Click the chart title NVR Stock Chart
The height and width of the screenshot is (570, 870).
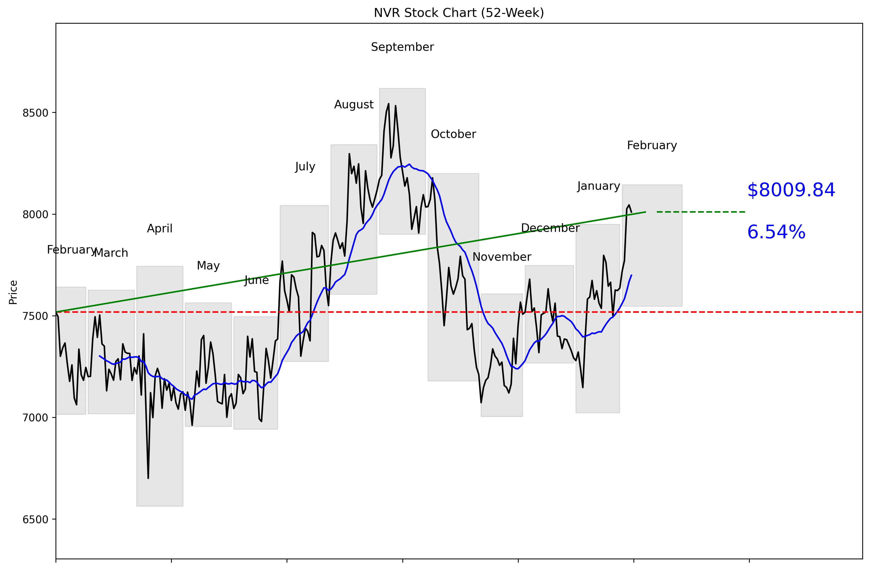[458, 13]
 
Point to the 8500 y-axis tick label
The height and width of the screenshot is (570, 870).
[35, 113]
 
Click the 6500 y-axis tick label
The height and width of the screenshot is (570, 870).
[35, 519]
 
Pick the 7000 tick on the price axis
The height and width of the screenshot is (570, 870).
[35, 418]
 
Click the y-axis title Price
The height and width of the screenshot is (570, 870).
[13, 292]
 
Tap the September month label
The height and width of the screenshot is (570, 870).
[402, 47]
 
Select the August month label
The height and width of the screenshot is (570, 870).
[354, 105]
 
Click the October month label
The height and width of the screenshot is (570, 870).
[453, 134]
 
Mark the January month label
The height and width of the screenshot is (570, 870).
[598, 186]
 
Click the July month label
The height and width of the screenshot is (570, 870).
[305, 167]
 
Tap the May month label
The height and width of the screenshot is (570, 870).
[208, 265]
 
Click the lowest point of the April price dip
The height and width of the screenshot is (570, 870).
[148, 478]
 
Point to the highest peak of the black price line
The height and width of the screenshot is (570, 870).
[389, 104]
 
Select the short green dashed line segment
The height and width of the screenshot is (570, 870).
[700, 212]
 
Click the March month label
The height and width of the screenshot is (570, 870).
[111, 253]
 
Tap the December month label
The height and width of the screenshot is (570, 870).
[550, 228]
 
